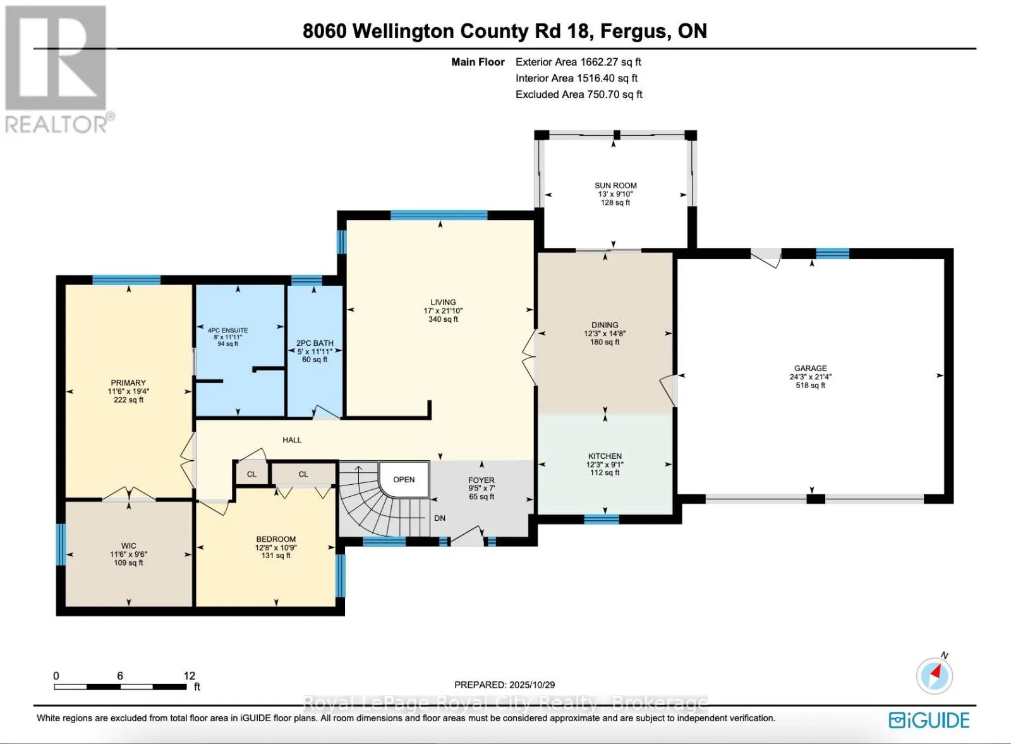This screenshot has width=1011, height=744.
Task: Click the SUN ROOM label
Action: (615, 186)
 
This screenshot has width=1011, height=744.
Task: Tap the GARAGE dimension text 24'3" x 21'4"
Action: (810, 377)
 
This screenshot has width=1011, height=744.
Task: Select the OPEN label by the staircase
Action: (404, 480)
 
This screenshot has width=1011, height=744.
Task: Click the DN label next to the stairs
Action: (440, 518)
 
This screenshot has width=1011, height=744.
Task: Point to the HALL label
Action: (292, 440)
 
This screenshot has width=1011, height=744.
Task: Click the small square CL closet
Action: (251, 474)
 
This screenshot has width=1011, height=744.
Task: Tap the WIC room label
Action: (128, 546)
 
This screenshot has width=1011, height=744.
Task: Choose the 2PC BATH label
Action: (315, 343)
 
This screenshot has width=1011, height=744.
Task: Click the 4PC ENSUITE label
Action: (227, 330)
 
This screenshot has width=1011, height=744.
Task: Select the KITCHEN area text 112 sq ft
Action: (605, 473)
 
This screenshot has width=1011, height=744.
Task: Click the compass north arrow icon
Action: (935, 675)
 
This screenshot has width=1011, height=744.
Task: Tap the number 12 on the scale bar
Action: (190, 676)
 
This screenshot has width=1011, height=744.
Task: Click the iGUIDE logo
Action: (929, 720)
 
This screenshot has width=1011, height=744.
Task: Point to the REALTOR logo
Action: (57, 70)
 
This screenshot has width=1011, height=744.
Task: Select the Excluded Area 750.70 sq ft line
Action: (579, 95)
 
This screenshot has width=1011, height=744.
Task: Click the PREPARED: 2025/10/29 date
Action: (504, 685)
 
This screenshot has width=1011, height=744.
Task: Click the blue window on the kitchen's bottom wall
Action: (601, 520)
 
